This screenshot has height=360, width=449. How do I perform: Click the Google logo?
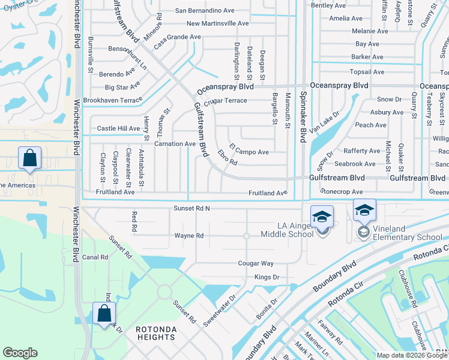click(x=20, y=353)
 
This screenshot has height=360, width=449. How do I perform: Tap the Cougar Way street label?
click(x=256, y=263)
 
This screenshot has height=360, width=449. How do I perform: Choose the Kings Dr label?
click(x=267, y=277)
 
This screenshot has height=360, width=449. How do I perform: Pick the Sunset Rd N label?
click(x=192, y=208)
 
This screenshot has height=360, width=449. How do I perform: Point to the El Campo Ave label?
click(x=249, y=152)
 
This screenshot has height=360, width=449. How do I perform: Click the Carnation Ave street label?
click(x=175, y=144)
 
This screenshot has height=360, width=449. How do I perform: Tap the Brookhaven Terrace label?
click(x=112, y=100)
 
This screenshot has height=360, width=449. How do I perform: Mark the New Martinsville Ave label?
click(x=217, y=23)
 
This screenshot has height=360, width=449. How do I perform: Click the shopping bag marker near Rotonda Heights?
click(x=104, y=313)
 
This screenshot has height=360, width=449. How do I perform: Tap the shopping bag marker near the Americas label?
click(x=29, y=158)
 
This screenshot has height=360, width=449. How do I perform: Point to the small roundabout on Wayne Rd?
click(x=246, y=236)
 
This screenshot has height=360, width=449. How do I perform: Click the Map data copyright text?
click(x=412, y=355)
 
